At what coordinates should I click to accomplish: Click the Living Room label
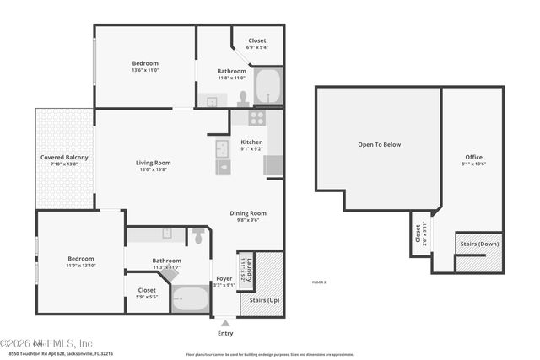(154, 163)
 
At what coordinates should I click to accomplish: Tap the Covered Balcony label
(64, 158)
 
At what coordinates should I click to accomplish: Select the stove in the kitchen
(256, 118)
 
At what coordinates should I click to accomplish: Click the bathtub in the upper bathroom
(267, 87)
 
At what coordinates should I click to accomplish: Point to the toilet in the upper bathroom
(243, 98)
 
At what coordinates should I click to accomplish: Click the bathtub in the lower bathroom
(190, 298)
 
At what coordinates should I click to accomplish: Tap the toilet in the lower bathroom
(198, 236)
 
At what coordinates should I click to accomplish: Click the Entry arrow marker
(225, 321)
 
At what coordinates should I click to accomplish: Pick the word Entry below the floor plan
(225, 334)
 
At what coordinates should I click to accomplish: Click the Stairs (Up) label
(261, 299)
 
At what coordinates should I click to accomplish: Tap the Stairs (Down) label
(479, 244)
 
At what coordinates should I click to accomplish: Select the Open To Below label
(379, 144)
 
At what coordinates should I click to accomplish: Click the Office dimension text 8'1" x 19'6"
(473, 165)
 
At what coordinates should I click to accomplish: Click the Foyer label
(224, 278)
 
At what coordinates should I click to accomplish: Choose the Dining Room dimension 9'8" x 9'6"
(248, 221)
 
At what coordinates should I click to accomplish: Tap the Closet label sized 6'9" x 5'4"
(256, 47)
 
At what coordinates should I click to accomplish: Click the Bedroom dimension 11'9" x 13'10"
(81, 266)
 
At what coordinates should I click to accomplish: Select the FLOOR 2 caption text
(319, 282)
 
